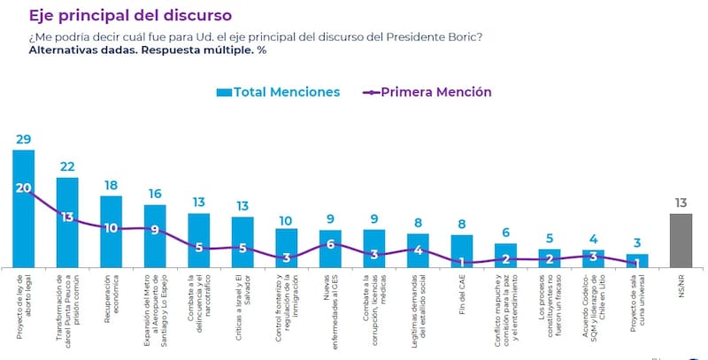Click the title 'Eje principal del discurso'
click(130, 15)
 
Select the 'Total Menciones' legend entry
click(278, 91)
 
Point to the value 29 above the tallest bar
click(24, 140)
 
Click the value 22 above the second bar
click(67, 166)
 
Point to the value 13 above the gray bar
click(680, 203)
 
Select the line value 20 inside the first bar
click(24, 188)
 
